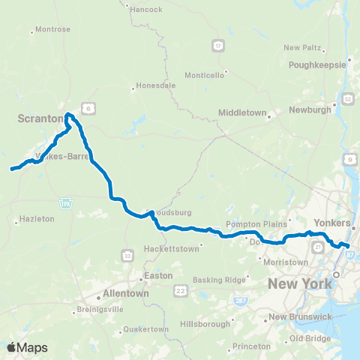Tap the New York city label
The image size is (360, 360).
299,283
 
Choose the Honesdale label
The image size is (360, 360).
156,85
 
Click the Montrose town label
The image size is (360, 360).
52,30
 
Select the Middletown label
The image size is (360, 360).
242,112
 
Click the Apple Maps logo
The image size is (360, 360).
28,347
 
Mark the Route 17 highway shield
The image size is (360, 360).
217,46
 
